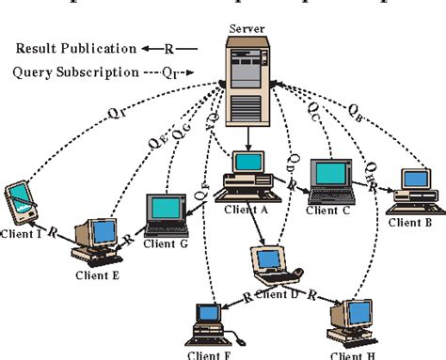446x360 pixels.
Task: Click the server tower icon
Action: tap(247, 86)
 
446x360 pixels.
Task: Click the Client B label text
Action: tap(410, 223)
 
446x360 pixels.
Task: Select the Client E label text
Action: tap(98, 276)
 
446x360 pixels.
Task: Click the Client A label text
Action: tap(247, 211)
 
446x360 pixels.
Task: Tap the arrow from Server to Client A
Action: tap(247, 137)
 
